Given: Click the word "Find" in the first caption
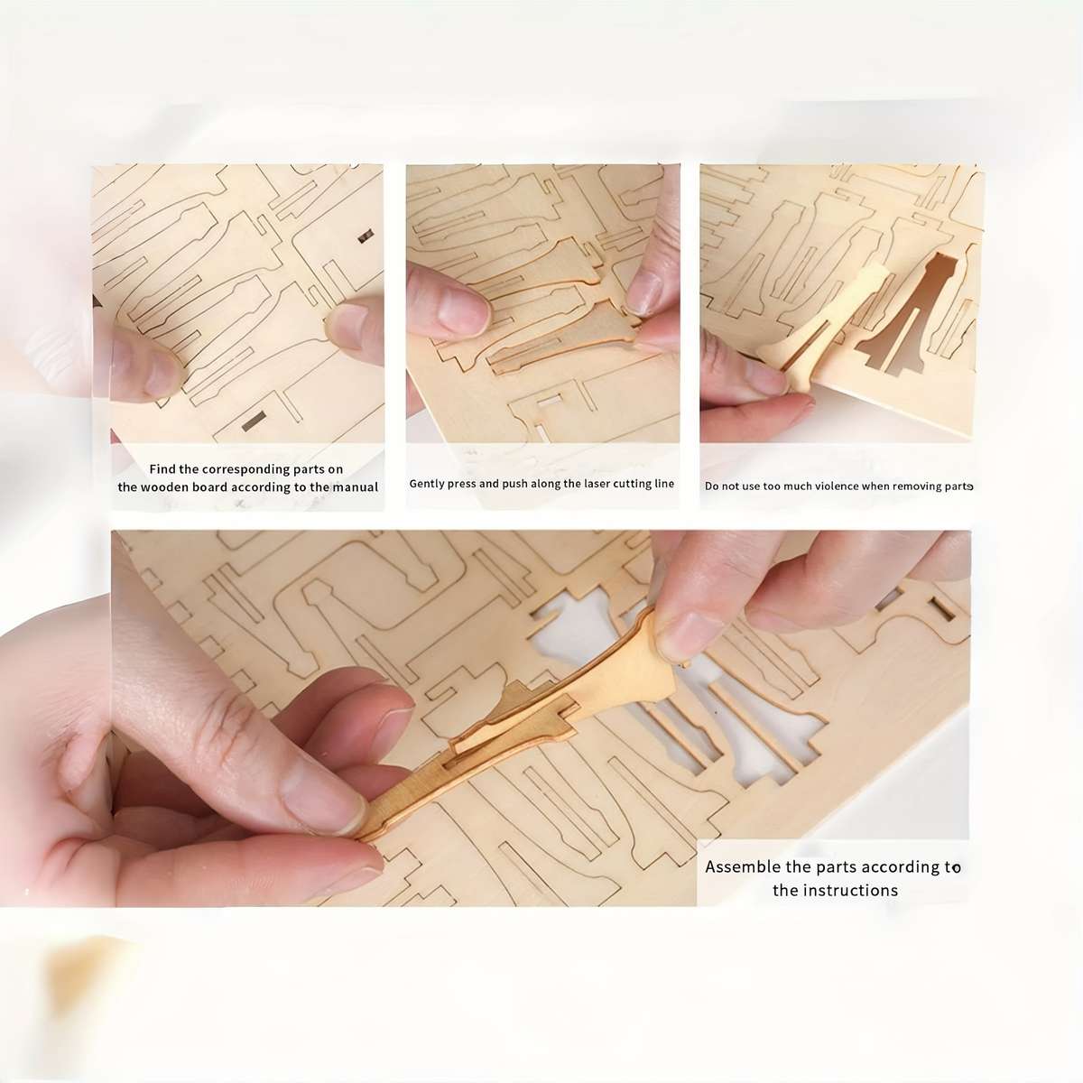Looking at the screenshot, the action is click(162, 468).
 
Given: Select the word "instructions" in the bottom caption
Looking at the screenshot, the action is click(850, 890).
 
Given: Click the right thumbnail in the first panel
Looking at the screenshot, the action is click(352, 327).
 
